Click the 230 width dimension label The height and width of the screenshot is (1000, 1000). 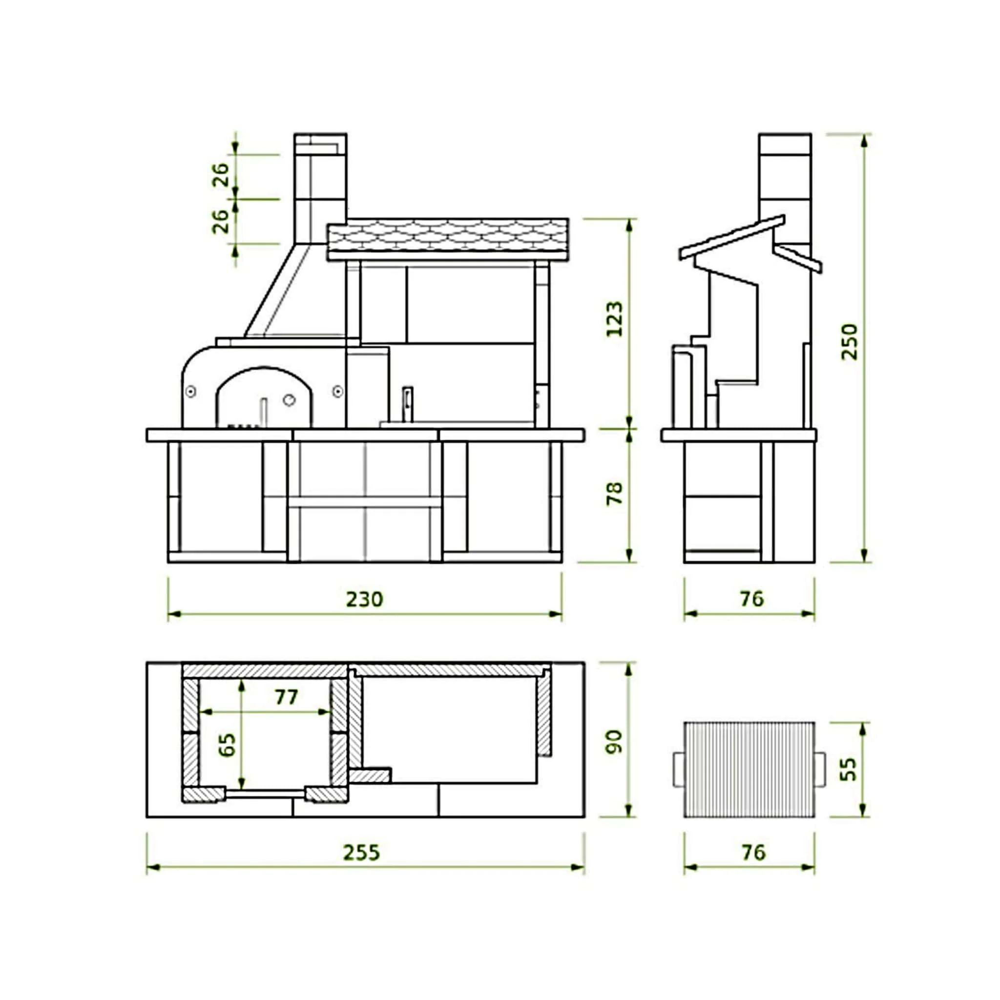click(x=364, y=600)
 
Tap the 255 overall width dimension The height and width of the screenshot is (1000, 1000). click(x=361, y=853)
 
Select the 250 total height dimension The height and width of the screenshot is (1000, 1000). click(x=850, y=342)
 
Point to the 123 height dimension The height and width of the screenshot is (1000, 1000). click(x=614, y=319)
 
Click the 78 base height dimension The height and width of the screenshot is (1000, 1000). click(x=614, y=493)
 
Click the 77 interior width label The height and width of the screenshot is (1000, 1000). click(x=286, y=697)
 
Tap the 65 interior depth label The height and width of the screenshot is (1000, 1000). click(x=227, y=745)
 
